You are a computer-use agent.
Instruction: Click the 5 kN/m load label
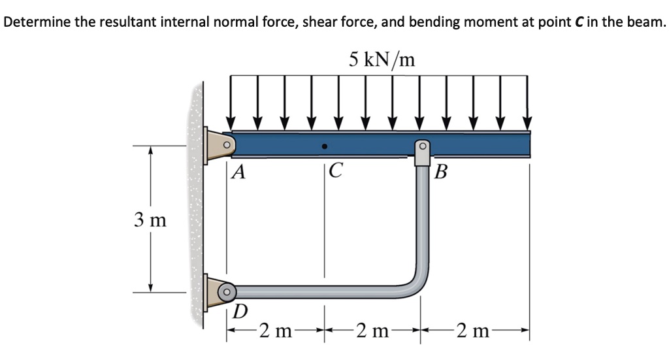(x=382, y=59)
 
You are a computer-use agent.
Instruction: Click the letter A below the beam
(x=240, y=172)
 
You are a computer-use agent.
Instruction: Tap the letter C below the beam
(x=334, y=172)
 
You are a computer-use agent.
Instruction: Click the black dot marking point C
(x=324, y=146)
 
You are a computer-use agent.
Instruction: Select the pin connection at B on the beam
(x=422, y=146)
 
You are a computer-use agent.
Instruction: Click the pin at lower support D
(x=227, y=289)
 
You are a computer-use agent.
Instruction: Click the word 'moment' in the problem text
(x=487, y=22)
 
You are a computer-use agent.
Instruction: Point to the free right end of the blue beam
(x=527, y=143)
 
